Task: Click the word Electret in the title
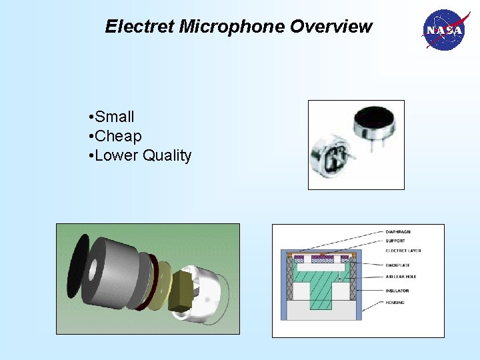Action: click(139, 27)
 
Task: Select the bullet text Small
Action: click(115, 117)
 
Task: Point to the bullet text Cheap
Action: click(118, 137)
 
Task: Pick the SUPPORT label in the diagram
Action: click(396, 241)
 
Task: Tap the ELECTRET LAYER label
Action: click(403, 251)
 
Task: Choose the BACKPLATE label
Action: click(398, 265)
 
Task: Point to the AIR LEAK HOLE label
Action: click(402, 276)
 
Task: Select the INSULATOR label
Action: click(397, 291)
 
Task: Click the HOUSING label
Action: click(395, 302)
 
